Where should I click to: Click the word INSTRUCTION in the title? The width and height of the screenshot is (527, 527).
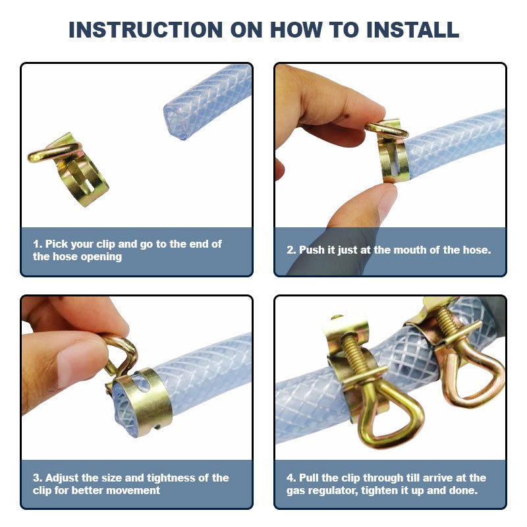point(146,30)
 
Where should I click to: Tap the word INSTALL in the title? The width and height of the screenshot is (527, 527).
point(412,30)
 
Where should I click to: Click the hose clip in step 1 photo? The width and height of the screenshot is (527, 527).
point(69,169)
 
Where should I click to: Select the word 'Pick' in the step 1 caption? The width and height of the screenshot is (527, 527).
point(55,244)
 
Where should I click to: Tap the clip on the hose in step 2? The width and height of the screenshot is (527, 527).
point(389,151)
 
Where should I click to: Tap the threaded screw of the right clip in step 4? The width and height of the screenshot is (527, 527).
point(447,322)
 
